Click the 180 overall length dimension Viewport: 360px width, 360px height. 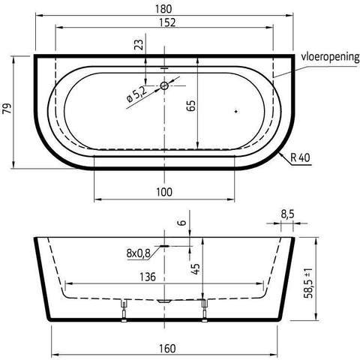pos(163,9)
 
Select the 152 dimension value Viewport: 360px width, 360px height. pos(167,22)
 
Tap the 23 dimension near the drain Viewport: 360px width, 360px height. pos(140,45)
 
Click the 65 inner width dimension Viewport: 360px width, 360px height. pos(190,106)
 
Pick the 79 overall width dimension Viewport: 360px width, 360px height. pos(7,108)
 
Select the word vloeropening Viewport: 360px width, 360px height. pos(330,57)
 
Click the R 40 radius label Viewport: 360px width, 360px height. pos(300,157)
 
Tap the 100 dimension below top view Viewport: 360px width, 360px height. pos(164,192)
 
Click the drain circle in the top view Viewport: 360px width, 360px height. pos(164,85)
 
